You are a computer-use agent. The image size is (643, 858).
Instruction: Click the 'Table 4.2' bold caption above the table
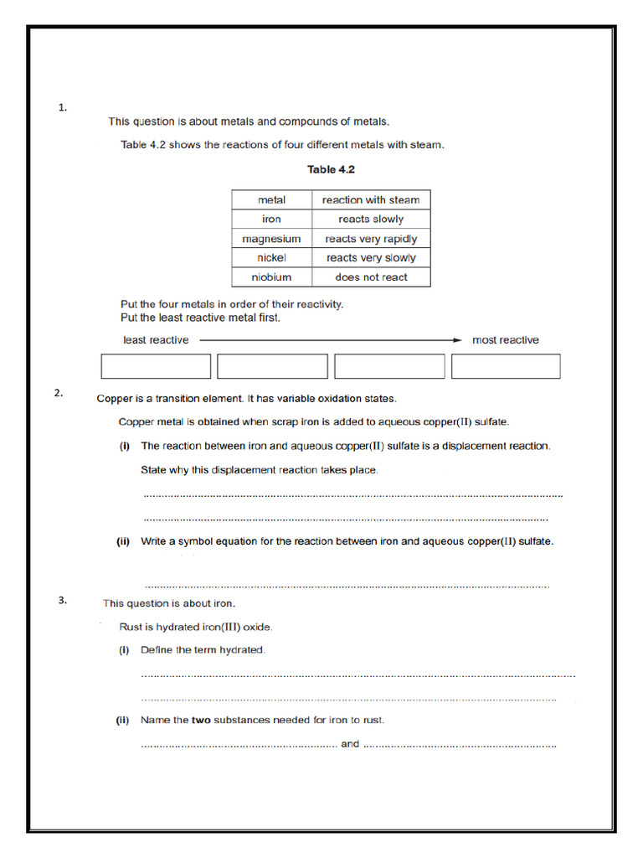click(331, 169)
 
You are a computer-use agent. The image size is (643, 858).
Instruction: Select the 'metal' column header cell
click(271, 199)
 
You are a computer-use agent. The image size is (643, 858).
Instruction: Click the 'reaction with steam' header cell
click(371, 199)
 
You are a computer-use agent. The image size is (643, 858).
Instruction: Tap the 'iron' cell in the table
click(271, 219)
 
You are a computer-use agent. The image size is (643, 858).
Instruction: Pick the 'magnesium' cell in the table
click(271, 239)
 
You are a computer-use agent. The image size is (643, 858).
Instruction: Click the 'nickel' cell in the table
click(271, 258)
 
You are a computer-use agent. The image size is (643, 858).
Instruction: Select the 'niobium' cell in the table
click(271, 277)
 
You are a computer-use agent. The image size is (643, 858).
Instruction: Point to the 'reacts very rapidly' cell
click(371, 239)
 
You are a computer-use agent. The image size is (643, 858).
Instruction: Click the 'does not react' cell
click(371, 277)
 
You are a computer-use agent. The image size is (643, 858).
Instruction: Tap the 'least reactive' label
click(156, 340)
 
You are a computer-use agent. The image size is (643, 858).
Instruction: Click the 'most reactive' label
click(506, 340)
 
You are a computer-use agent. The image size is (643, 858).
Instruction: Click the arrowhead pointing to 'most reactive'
click(457, 340)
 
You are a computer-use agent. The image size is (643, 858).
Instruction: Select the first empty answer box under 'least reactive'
click(156, 366)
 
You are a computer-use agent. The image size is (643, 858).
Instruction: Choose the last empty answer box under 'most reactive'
click(506, 366)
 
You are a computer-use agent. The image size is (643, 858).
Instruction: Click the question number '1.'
click(62, 107)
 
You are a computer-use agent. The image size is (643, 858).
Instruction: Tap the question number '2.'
click(59, 392)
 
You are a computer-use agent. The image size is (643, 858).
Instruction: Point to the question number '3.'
click(62, 600)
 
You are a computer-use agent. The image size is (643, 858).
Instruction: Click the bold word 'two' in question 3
click(201, 720)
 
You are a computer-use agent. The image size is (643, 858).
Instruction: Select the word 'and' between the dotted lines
click(350, 744)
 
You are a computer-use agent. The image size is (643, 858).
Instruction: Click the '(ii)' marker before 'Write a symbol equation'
click(123, 541)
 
